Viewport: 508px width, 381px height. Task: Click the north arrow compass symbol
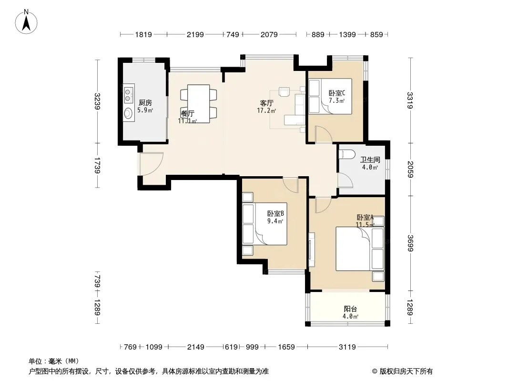click(26, 22)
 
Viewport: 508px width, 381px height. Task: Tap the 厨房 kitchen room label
click(145, 102)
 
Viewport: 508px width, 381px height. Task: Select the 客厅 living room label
click(267, 103)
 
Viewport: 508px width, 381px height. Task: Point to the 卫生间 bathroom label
click(370, 160)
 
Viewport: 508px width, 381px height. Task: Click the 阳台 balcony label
click(350, 309)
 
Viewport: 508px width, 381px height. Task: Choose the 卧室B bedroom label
click(275, 214)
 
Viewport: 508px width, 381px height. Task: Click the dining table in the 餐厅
click(198, 104)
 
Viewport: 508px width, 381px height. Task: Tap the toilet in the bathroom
click(345, 154)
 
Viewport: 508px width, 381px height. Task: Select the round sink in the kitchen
click(129, 113)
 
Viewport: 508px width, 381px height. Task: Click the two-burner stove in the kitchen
click(129, 94)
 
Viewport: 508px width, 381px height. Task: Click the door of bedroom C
click(323, 134)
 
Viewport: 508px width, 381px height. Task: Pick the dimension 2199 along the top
click(195, 34)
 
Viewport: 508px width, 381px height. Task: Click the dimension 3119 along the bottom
click(347, 347)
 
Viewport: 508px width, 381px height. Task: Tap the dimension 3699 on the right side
click(410, 243)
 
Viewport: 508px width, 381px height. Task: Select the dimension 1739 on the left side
click(97, 165)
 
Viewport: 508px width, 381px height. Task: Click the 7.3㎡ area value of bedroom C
click(336, 100)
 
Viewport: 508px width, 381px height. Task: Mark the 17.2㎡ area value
click(266, 110)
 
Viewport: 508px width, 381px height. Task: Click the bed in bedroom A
click(360, 249)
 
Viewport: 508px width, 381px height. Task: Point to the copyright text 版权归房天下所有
click(406, 371)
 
